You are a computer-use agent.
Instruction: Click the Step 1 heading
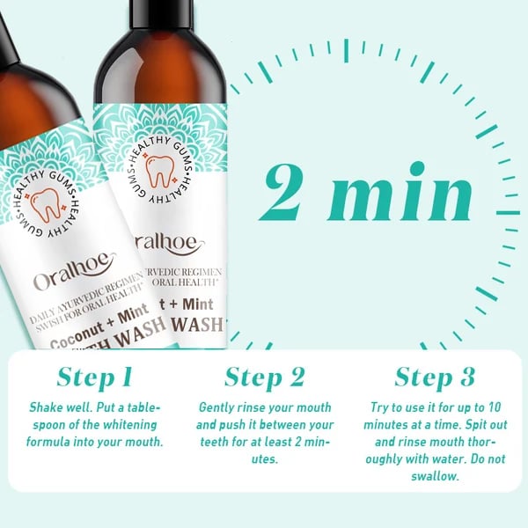coord(94,377)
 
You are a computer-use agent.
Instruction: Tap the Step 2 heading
coord(264,377)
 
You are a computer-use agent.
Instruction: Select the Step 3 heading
coord(435,377)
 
